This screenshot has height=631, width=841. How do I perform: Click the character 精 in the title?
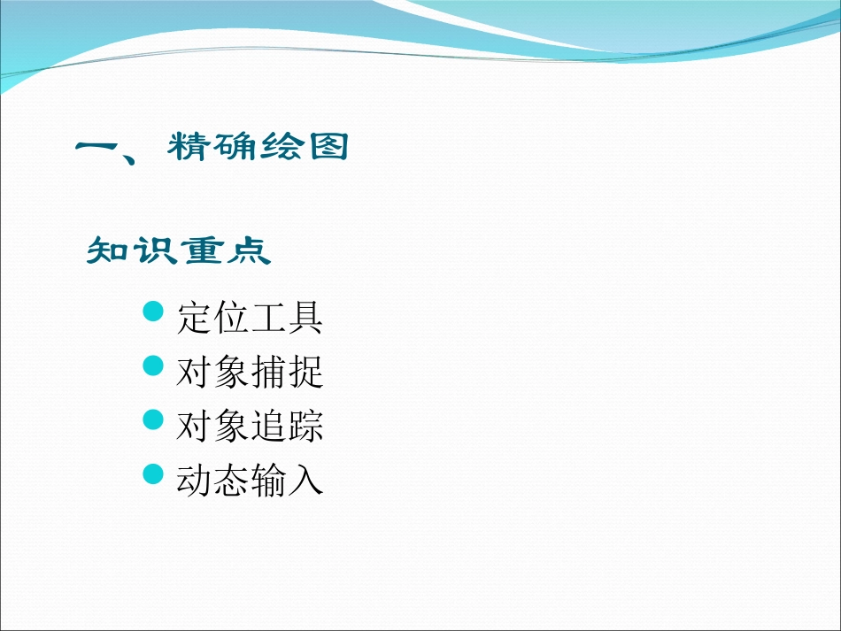pyautogui.click(x=190, y=148)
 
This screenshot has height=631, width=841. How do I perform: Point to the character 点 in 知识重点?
pyautogui.click(x=251, y=251)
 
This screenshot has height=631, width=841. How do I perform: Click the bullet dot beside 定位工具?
pyautogui.click(x=154, y=312)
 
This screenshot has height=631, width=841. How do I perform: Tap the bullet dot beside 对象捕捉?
pyautogui.click(x=154, y=366)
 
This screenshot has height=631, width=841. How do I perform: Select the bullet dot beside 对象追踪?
pyautogui.click(x=154, y=420)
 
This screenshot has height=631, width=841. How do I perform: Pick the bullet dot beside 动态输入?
pyautogui.click(x=154, y=474)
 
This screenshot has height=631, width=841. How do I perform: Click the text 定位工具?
pyautogui.click(x=250, y=318)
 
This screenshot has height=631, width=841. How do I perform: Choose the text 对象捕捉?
pyautogui.click(x=250, y=372)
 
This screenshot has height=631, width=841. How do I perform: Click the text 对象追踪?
pyautogui.click(x=250, y=426)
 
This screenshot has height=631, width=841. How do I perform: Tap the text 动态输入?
pyautogui.click(x=250, y=480)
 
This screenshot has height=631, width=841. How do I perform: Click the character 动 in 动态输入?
pyautogui.click(x=194, y=480)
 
